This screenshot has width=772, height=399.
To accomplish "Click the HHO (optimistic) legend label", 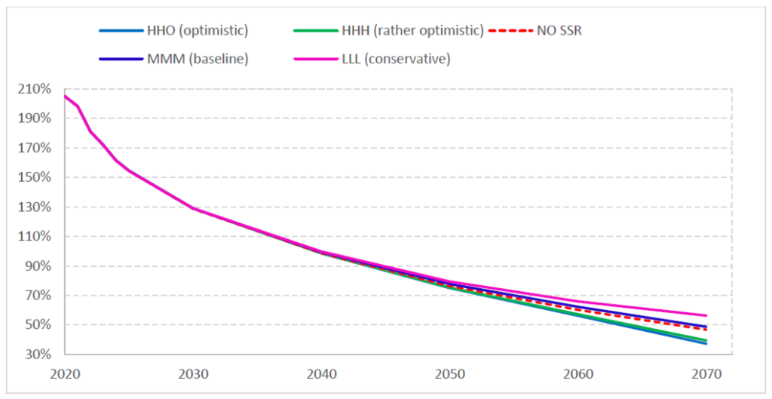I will tap(198, 31).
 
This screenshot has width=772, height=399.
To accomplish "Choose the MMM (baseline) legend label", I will tap(198, 58).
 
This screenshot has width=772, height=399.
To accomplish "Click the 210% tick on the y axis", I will tap(35, 89).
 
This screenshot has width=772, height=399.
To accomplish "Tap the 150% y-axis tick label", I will tap(35, 177).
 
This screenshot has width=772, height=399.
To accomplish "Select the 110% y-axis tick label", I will tap(35, 236).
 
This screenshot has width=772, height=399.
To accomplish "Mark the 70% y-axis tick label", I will tap(38, 295).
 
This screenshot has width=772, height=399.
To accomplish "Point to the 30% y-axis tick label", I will tap(38, 354).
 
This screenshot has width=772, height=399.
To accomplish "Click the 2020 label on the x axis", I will tap(66, 373).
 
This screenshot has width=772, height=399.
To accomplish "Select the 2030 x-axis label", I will tap(194, 373).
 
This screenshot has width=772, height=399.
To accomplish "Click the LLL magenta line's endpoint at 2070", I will tap(706, 315).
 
